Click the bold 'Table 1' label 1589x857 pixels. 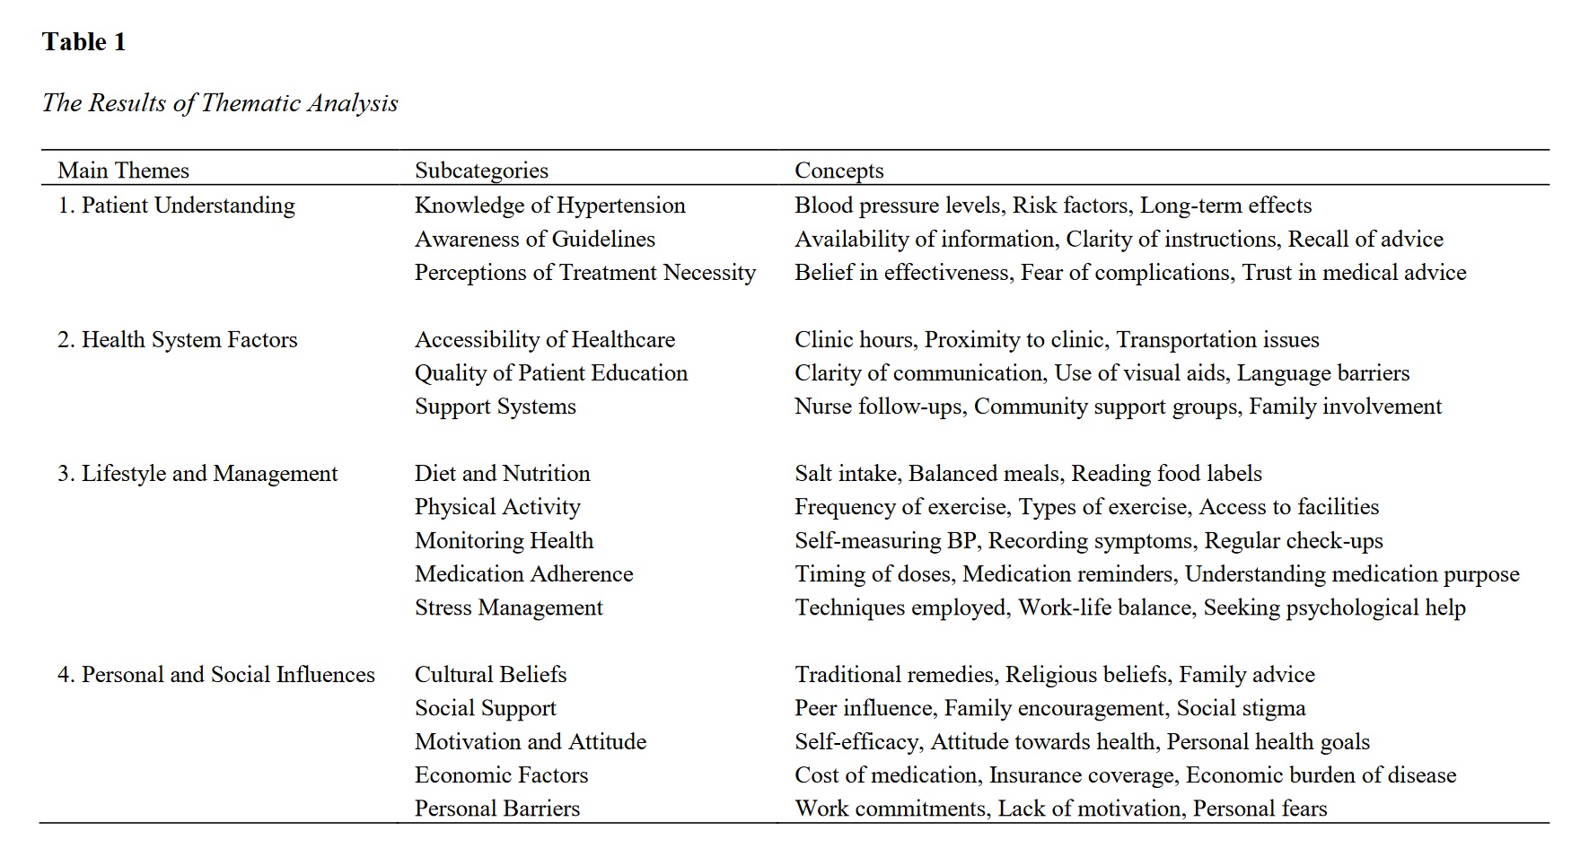coord(83,42)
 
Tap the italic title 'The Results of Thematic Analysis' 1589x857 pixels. coord(220,103)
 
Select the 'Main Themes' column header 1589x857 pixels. coord(123,171)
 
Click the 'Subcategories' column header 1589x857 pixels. coord(481,171)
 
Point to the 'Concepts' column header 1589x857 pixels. coord(838,171)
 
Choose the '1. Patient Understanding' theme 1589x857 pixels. coord(176,206)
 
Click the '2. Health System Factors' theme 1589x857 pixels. coord(177,340)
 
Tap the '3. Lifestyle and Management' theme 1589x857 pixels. coord(198,474)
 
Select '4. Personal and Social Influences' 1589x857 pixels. coord(215,675)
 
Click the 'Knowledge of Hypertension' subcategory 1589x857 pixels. coord(549,206)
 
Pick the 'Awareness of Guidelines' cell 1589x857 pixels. coord(534,240)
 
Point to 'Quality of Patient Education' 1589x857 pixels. coord(550,373)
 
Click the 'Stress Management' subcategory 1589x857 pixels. coord(508,608)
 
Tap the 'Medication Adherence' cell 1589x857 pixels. coord(523,574)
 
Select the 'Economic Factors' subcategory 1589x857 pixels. coord(501,775)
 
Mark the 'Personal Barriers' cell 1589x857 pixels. coord(496,809)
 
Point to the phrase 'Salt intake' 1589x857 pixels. coord(845,474)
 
